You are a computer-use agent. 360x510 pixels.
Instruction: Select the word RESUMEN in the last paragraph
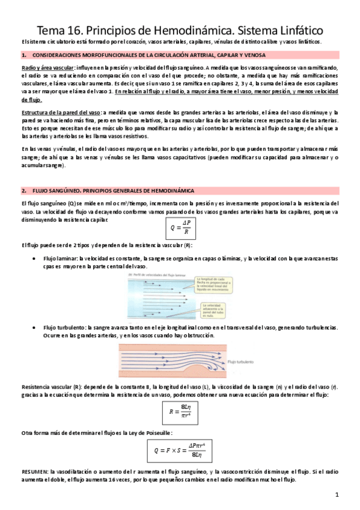35,472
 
